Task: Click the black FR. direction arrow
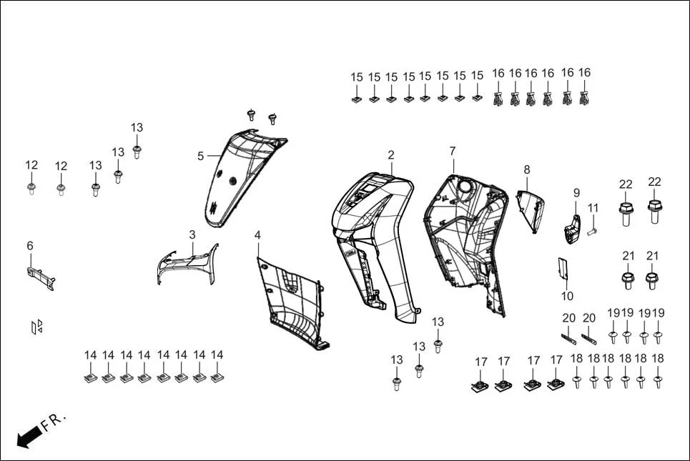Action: [28, 436]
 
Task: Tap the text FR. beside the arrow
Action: [54, 421]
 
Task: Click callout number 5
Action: [201, 156]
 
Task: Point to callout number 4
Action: [257, 234]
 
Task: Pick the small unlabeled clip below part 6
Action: [37, 327]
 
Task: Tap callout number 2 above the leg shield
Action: [391, 155]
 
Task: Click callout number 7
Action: [452, 152]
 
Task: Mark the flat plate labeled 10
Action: [563, 269]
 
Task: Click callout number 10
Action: [567, 296]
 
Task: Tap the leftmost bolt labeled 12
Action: [31, 188]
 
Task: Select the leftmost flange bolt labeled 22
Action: [626, 212]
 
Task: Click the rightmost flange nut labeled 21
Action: [651, 279]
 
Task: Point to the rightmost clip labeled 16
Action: [584, 97]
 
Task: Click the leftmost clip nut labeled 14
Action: [90, 375]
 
